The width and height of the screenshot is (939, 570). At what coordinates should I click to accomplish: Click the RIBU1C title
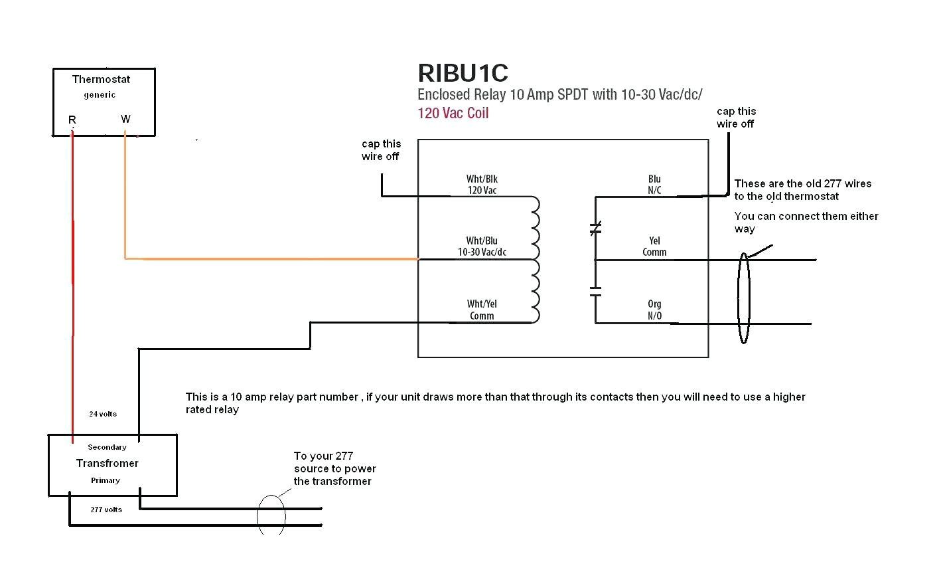(463, 73)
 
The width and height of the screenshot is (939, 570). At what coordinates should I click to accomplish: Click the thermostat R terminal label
(72, 120)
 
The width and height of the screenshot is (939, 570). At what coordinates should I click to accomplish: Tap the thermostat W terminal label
(125, 119)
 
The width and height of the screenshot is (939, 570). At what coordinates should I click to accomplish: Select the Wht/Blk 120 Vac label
(482, 185)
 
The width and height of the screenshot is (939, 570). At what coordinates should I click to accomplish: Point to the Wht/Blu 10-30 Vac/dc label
(482, 246)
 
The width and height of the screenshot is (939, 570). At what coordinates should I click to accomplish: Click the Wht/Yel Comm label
(482, 310)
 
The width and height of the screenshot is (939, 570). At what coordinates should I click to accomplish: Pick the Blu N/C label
(654, 185)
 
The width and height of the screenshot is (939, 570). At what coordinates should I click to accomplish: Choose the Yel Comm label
(654, 246)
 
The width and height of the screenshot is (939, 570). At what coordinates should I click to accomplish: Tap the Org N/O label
(654, 310)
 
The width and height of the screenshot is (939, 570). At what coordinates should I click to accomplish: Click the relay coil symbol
(534, 259)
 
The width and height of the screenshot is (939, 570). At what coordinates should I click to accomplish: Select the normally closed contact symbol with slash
(595, 229)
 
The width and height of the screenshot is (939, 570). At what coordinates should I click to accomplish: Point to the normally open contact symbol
(595, 291)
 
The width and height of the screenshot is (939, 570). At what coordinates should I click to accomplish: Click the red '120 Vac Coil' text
(453, 113)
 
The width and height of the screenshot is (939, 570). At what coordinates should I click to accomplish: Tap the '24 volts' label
(103, 414)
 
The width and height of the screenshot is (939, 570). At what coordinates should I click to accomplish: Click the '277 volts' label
(106, 510)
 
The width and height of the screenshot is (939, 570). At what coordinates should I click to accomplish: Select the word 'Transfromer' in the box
(108, 463)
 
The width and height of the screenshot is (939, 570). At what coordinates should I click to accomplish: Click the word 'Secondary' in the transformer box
(107, 447)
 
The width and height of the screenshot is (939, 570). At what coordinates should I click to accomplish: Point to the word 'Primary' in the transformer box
(106, 480)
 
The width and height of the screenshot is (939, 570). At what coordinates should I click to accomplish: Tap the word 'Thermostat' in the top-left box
(101, 79)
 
